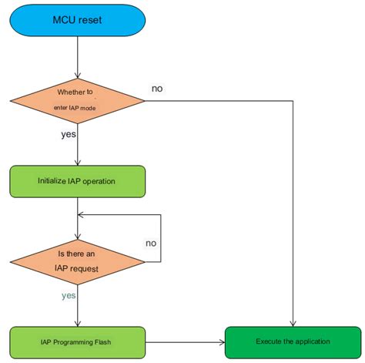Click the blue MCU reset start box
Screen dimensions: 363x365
78,21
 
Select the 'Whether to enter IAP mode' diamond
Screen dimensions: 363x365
78,100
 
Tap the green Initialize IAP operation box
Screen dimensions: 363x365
77,182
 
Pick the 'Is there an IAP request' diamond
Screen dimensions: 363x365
78,261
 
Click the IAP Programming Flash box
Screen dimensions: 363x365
78,341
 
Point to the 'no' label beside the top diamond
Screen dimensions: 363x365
157,89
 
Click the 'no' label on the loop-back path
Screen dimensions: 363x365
151,244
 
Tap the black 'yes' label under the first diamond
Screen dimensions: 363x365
68,135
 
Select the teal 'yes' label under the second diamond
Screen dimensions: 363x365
69,295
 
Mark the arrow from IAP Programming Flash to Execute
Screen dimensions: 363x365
185,341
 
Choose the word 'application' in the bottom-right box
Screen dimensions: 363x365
312,341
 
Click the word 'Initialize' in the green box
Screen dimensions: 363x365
52,182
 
